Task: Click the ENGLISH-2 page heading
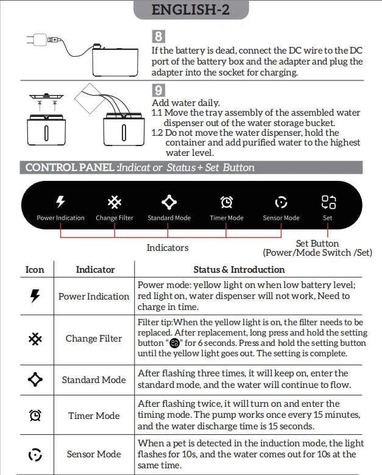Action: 191,9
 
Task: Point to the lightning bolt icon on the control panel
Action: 60,202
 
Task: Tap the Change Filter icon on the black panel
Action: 114,202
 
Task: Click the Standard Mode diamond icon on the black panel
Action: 169,202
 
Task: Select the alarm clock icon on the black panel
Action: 226,202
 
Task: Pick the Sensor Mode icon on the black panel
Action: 281,202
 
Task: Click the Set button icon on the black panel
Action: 328,202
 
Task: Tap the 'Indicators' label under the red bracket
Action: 168,248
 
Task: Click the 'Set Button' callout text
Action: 317,244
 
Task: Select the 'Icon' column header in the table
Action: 35,269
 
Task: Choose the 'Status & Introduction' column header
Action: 239,269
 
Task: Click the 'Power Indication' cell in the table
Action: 94,297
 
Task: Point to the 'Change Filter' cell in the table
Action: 94,339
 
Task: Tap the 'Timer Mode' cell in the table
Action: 94,415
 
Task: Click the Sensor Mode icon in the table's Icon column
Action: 35,454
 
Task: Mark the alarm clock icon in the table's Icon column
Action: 35,415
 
